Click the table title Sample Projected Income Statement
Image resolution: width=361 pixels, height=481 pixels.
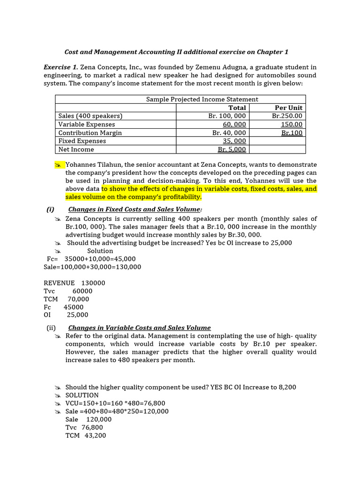tap(202, 99)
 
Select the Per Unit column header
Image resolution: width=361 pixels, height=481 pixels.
tap(289, 108)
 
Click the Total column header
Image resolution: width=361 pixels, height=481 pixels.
tap(237, 108)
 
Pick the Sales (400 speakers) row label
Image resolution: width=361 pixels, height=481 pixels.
tap(90, 116)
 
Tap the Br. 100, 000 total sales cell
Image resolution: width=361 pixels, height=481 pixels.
tap(227, 116)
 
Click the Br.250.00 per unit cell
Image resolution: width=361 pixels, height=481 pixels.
tap(287, 116)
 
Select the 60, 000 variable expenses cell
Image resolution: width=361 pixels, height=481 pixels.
tap(234, 124)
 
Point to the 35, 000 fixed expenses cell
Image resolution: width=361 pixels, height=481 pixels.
tap(234, 141)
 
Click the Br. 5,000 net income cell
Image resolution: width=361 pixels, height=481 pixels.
tap(232, 149)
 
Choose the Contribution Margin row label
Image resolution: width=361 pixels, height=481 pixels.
tap(90, 133)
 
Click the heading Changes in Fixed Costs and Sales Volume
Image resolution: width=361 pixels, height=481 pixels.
tap(135, 209)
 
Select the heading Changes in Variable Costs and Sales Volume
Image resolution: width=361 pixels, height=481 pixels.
tap(140, 328)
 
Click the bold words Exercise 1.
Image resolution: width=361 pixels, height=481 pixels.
tap(61, 67)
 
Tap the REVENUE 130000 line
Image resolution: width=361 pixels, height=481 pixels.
tap(74, 283)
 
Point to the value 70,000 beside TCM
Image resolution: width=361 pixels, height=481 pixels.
tap(78, 299)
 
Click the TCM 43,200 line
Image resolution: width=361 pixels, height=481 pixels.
tap(86, 435)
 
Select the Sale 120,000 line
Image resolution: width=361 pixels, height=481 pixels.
tap(88, 419)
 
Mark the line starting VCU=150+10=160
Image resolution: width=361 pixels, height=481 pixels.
tap(115, 403)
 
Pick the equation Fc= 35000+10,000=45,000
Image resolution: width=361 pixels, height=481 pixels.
tap(91, 259)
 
